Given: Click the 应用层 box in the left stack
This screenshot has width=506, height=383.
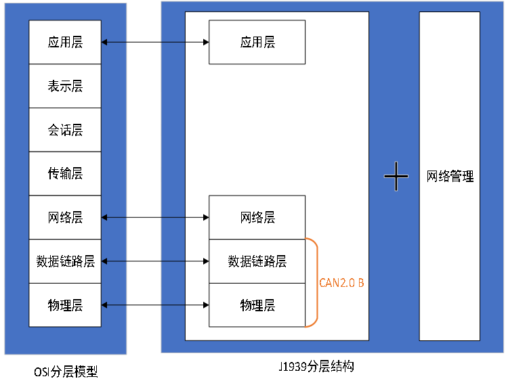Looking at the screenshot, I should point(65,42).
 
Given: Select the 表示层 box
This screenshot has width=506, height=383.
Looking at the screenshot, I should point(65,86).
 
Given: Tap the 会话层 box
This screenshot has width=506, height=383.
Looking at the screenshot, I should point(65,130).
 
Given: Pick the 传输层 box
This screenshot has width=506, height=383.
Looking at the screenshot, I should point(65,173).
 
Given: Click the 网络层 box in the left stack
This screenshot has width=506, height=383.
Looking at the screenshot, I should point(65,217).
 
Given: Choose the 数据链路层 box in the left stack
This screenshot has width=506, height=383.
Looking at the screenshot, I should point(65,261).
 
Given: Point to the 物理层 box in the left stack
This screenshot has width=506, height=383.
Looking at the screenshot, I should point(65,305).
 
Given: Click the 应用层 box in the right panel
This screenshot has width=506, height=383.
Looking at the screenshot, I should point(257,42).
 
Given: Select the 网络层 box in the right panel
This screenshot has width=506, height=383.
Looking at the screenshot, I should point(257,217).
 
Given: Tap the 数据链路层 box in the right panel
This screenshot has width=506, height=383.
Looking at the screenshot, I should point(257,261).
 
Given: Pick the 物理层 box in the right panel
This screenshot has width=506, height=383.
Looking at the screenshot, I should point(257,305).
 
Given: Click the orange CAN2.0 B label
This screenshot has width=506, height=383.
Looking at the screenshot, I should point(341,283).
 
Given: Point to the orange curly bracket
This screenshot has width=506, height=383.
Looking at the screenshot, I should point(313,282).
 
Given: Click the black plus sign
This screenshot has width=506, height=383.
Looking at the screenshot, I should point(396,177).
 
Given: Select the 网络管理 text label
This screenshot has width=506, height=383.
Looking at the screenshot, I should point(450,177).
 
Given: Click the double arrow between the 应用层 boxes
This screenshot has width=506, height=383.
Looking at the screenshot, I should point(155,42).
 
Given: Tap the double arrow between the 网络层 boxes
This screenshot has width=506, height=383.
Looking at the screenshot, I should point(155,217).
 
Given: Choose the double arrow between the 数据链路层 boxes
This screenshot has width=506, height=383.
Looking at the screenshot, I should point(155,261).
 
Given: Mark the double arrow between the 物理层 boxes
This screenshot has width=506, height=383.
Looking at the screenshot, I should point(155,305).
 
